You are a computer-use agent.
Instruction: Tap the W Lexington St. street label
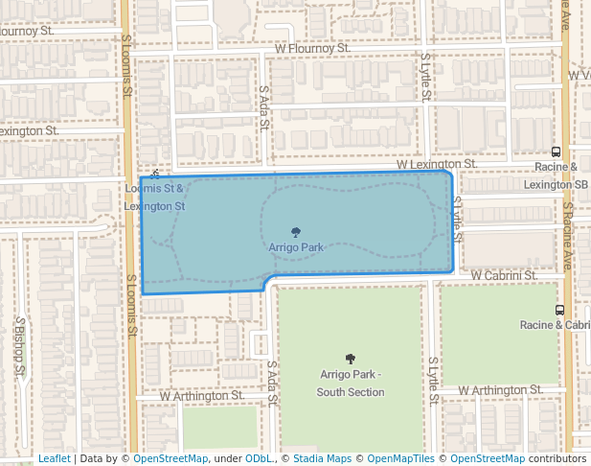[437, 164]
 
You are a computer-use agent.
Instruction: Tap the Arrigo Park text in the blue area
[296, 247]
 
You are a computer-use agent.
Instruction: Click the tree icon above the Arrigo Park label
[296, 232]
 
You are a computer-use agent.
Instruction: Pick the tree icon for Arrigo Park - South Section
[351, 359]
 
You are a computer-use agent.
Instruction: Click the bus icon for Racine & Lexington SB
[557, 151]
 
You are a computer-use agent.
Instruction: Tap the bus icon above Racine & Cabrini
[559, 310]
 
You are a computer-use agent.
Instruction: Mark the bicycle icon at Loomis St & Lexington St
[155, 174]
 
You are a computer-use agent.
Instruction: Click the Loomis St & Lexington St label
[155, 197]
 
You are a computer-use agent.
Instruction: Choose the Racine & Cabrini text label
[556, 325]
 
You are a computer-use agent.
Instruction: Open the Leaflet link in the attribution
[54, 458]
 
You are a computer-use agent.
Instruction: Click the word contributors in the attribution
[558, 458]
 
